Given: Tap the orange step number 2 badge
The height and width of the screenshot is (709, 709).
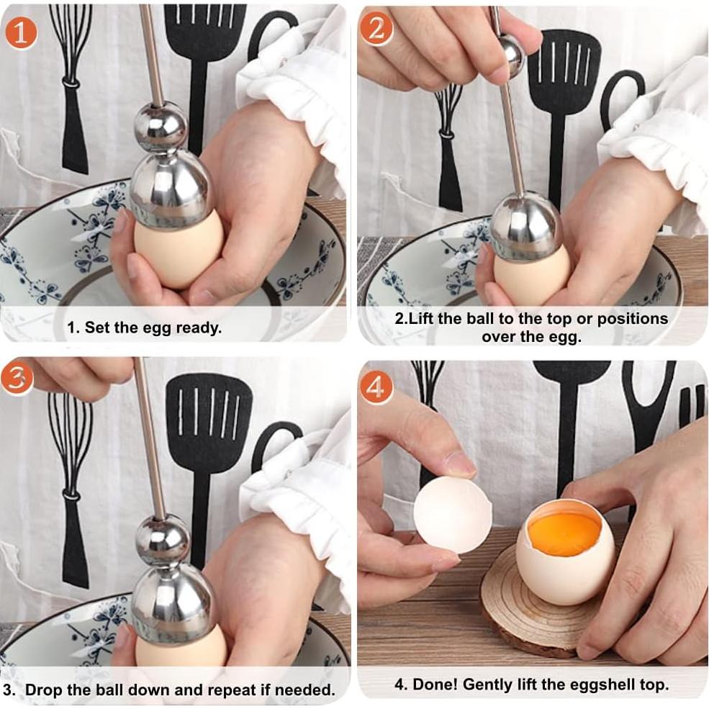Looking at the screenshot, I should point(376,31).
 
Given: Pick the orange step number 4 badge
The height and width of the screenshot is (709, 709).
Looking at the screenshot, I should point(376,387).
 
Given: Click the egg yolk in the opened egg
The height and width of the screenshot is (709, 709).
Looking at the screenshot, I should point(564,533).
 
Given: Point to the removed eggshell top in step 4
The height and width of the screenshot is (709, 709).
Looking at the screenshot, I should point(452,514).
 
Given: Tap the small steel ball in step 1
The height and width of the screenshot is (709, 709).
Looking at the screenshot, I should point(160,127).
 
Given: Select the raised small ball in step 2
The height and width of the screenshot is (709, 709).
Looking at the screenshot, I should point(512,54).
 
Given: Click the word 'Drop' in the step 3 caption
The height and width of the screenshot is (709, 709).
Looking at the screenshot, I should point(45,690).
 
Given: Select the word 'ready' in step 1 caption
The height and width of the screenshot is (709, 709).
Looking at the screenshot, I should point(199,328).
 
